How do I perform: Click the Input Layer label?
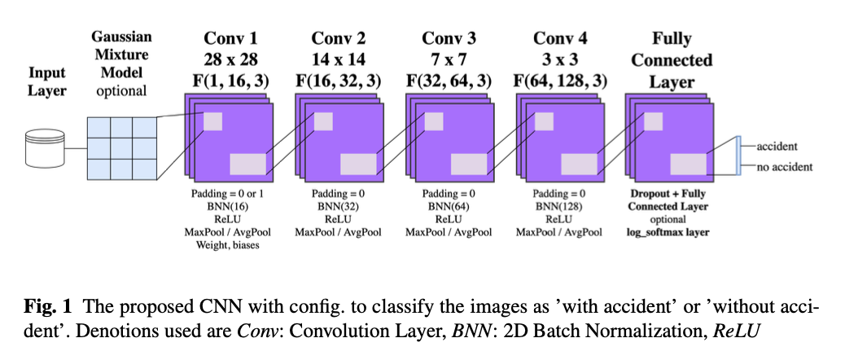coord(46,81)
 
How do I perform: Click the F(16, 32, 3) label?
coord(339,81)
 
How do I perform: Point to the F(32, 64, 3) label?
coord(450,81)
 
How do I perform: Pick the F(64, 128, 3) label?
coord(560,81)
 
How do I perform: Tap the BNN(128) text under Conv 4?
coord(559,207)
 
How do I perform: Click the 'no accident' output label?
coord(784,167)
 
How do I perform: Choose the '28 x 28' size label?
coord(230,59)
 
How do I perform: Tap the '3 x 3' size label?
coord(559,59)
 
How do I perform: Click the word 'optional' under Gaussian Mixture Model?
coord(121,90)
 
